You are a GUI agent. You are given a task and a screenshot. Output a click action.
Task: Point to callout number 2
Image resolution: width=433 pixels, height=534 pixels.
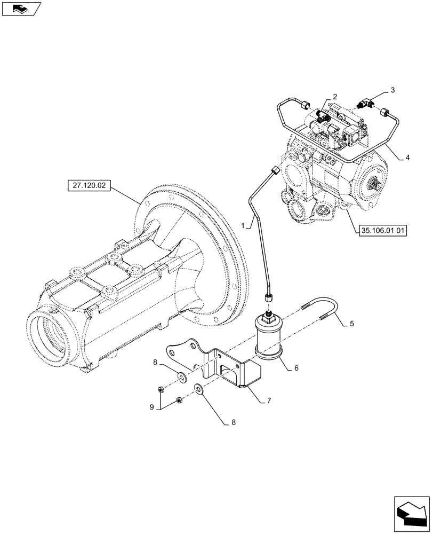[x=334, y=97]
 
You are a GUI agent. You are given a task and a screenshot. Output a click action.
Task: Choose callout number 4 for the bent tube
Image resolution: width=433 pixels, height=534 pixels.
[x=408, y=158]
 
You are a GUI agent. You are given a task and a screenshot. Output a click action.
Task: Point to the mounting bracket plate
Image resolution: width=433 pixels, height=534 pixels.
[x=224, y=368]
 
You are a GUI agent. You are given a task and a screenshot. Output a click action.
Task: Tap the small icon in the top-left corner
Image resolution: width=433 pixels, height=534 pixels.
[x=21, y=9]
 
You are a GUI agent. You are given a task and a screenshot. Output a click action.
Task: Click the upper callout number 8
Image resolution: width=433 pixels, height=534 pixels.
[x=155, y=363]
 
